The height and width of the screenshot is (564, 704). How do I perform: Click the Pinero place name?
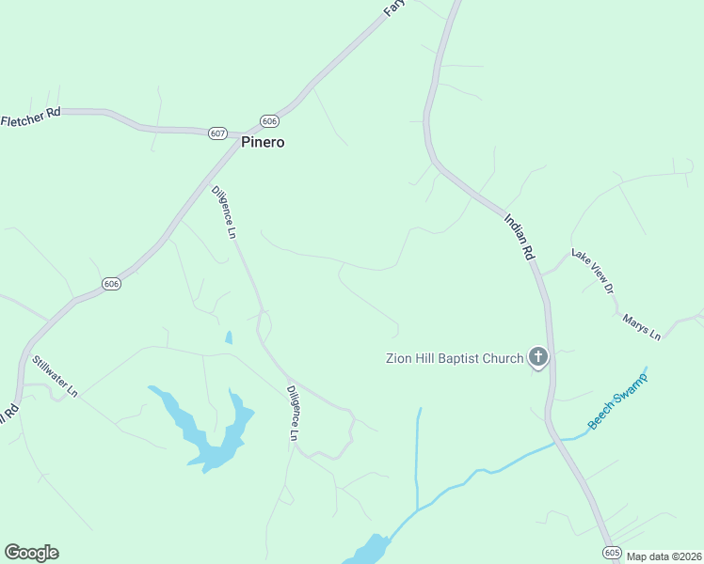pos(263,143)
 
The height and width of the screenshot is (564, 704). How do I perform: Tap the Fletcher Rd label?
pos(31,117)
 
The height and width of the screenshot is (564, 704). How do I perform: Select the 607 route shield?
pos(218,133)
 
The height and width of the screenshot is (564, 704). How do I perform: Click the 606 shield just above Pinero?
pos(270,121)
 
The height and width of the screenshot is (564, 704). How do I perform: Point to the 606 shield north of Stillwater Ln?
pos(111,284)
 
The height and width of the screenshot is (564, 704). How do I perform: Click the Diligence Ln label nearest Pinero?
pos(223,211)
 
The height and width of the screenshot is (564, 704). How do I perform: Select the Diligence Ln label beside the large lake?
pos(293,414)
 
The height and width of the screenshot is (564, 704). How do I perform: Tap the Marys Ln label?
pos(642,327)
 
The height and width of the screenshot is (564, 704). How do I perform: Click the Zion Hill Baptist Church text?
pos(454,358)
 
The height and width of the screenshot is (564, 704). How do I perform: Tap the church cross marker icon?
pos(537,356)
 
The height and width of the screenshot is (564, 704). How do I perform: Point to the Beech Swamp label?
pos(617,399)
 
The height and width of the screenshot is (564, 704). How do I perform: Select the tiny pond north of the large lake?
pos(228,337)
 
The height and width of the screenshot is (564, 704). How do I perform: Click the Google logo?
pos(31,553)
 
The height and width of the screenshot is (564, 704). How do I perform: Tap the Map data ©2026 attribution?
pos(664,556)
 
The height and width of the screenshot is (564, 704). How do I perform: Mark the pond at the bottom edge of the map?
pos(370,549)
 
